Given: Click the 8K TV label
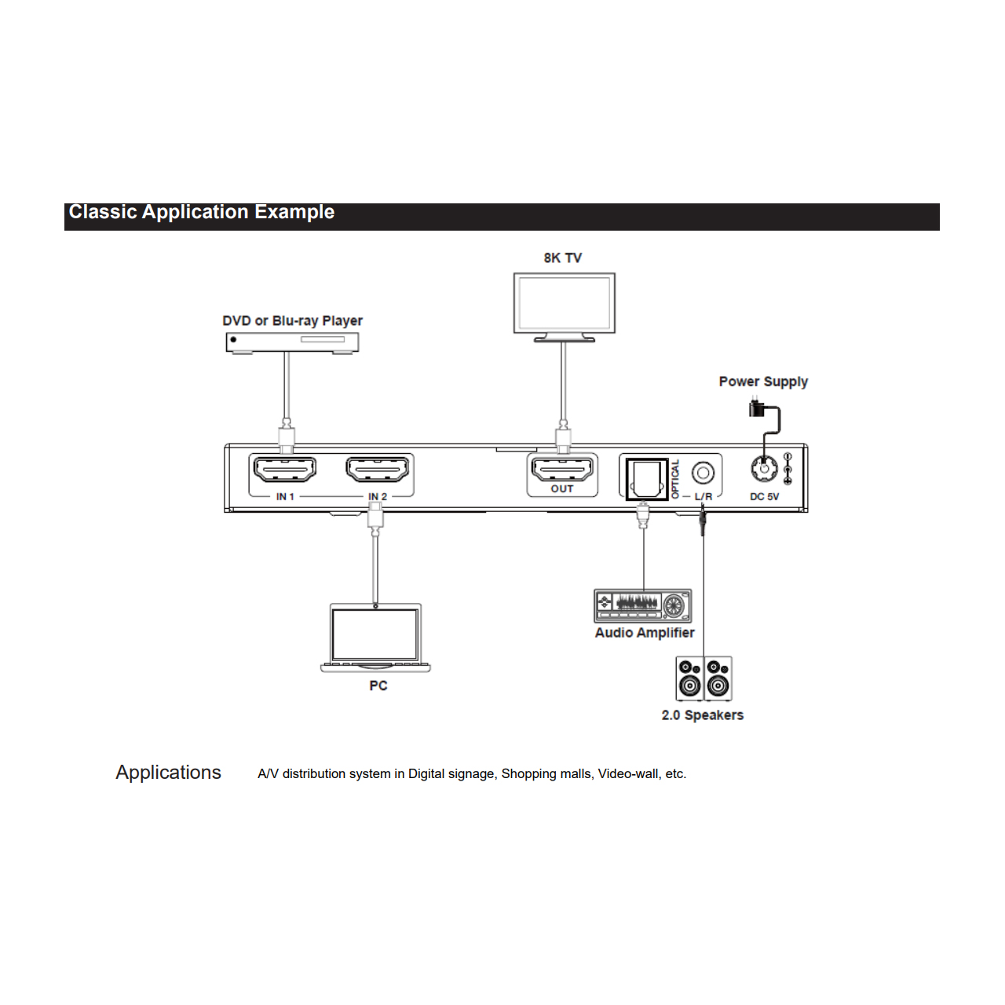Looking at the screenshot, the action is (562, 258).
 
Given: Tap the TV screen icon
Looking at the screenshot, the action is (564, 307).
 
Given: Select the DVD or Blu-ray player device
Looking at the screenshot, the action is (292, 343).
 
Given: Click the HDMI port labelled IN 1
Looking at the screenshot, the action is (285, 470).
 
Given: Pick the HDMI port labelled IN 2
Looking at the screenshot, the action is (377, 470).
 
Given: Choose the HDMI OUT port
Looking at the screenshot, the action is (562, 468).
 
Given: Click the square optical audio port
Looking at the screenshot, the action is (647, 479).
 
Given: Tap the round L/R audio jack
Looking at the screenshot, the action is (703, 473).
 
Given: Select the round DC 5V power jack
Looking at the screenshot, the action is (764, 468).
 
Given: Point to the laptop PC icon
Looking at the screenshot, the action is (375, 638).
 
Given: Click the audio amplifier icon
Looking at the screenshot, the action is (642, 605).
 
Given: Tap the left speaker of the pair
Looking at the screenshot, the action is (689, 678).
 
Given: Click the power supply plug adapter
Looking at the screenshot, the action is (755, 407).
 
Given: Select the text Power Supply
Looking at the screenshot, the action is (763, 382).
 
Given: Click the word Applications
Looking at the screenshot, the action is (169, 773).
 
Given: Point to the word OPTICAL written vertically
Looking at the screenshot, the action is (675, 479).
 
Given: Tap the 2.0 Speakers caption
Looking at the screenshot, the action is (702, 715).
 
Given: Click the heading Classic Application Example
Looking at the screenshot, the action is (201, 212).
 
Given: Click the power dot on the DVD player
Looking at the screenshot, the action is (233, 339).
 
